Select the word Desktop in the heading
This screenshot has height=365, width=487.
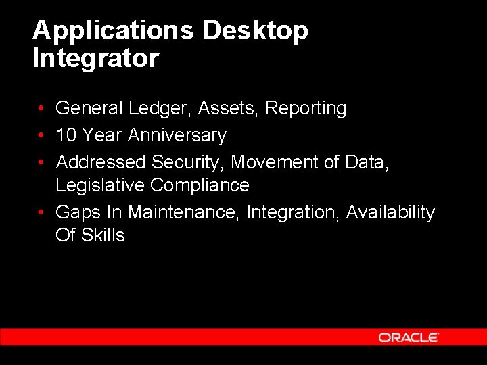click(x=255, y=31)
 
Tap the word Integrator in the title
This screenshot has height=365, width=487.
click(x=95, y=58)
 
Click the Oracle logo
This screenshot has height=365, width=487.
click(x=409, y=337)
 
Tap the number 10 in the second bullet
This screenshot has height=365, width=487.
click(x=66, y=135)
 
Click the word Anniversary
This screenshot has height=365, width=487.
click(x=177, y=136)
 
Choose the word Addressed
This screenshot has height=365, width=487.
click(x=101, y=162)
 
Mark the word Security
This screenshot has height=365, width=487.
click(x=189, y=163)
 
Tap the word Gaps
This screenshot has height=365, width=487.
click(x=78, y=213)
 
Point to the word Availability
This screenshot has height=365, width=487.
click(x=390, y=213)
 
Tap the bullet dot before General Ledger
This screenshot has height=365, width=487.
click(x=41, y=109)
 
